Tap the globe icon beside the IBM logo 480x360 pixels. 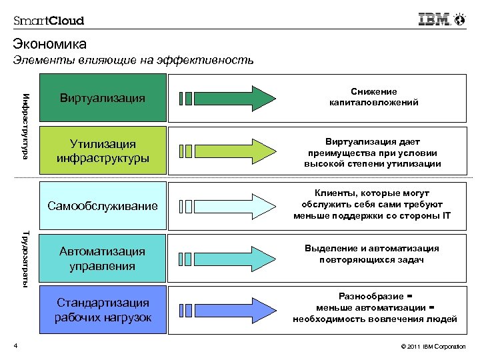click(459, 19)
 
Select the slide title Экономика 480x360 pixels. click(49, 45)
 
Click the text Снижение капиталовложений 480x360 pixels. click(373, 97)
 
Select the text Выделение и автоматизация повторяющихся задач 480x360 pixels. click(373, 254)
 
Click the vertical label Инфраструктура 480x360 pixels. click(25, 124)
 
